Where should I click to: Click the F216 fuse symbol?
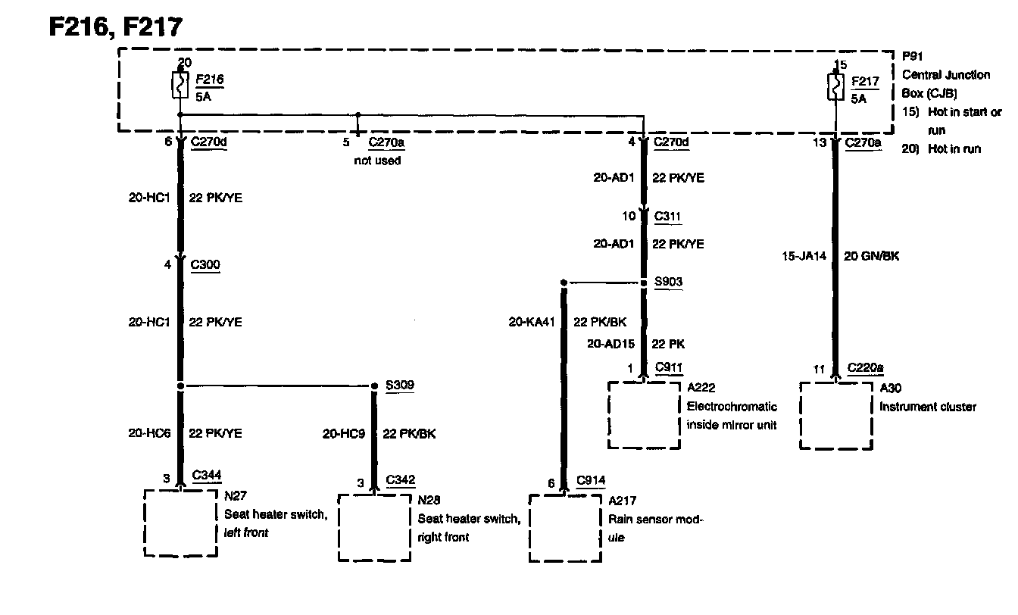coord(180,86)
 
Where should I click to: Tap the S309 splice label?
coord(399,386)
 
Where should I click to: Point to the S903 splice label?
coord(668,283)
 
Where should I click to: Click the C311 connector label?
coord(667,217)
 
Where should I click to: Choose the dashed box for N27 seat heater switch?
coord(180,523)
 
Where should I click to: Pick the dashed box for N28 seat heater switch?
coord(374,528)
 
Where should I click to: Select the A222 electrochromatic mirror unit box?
coord(644,414)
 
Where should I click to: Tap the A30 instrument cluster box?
coord(836,414)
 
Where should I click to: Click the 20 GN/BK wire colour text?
coord(871,256)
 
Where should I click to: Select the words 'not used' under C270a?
coord(377,161)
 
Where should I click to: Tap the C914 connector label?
coord(590,480)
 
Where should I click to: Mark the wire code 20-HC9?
coord(344,434)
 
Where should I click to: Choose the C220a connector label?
coord(865,369)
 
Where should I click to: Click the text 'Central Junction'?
coord(946,75)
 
